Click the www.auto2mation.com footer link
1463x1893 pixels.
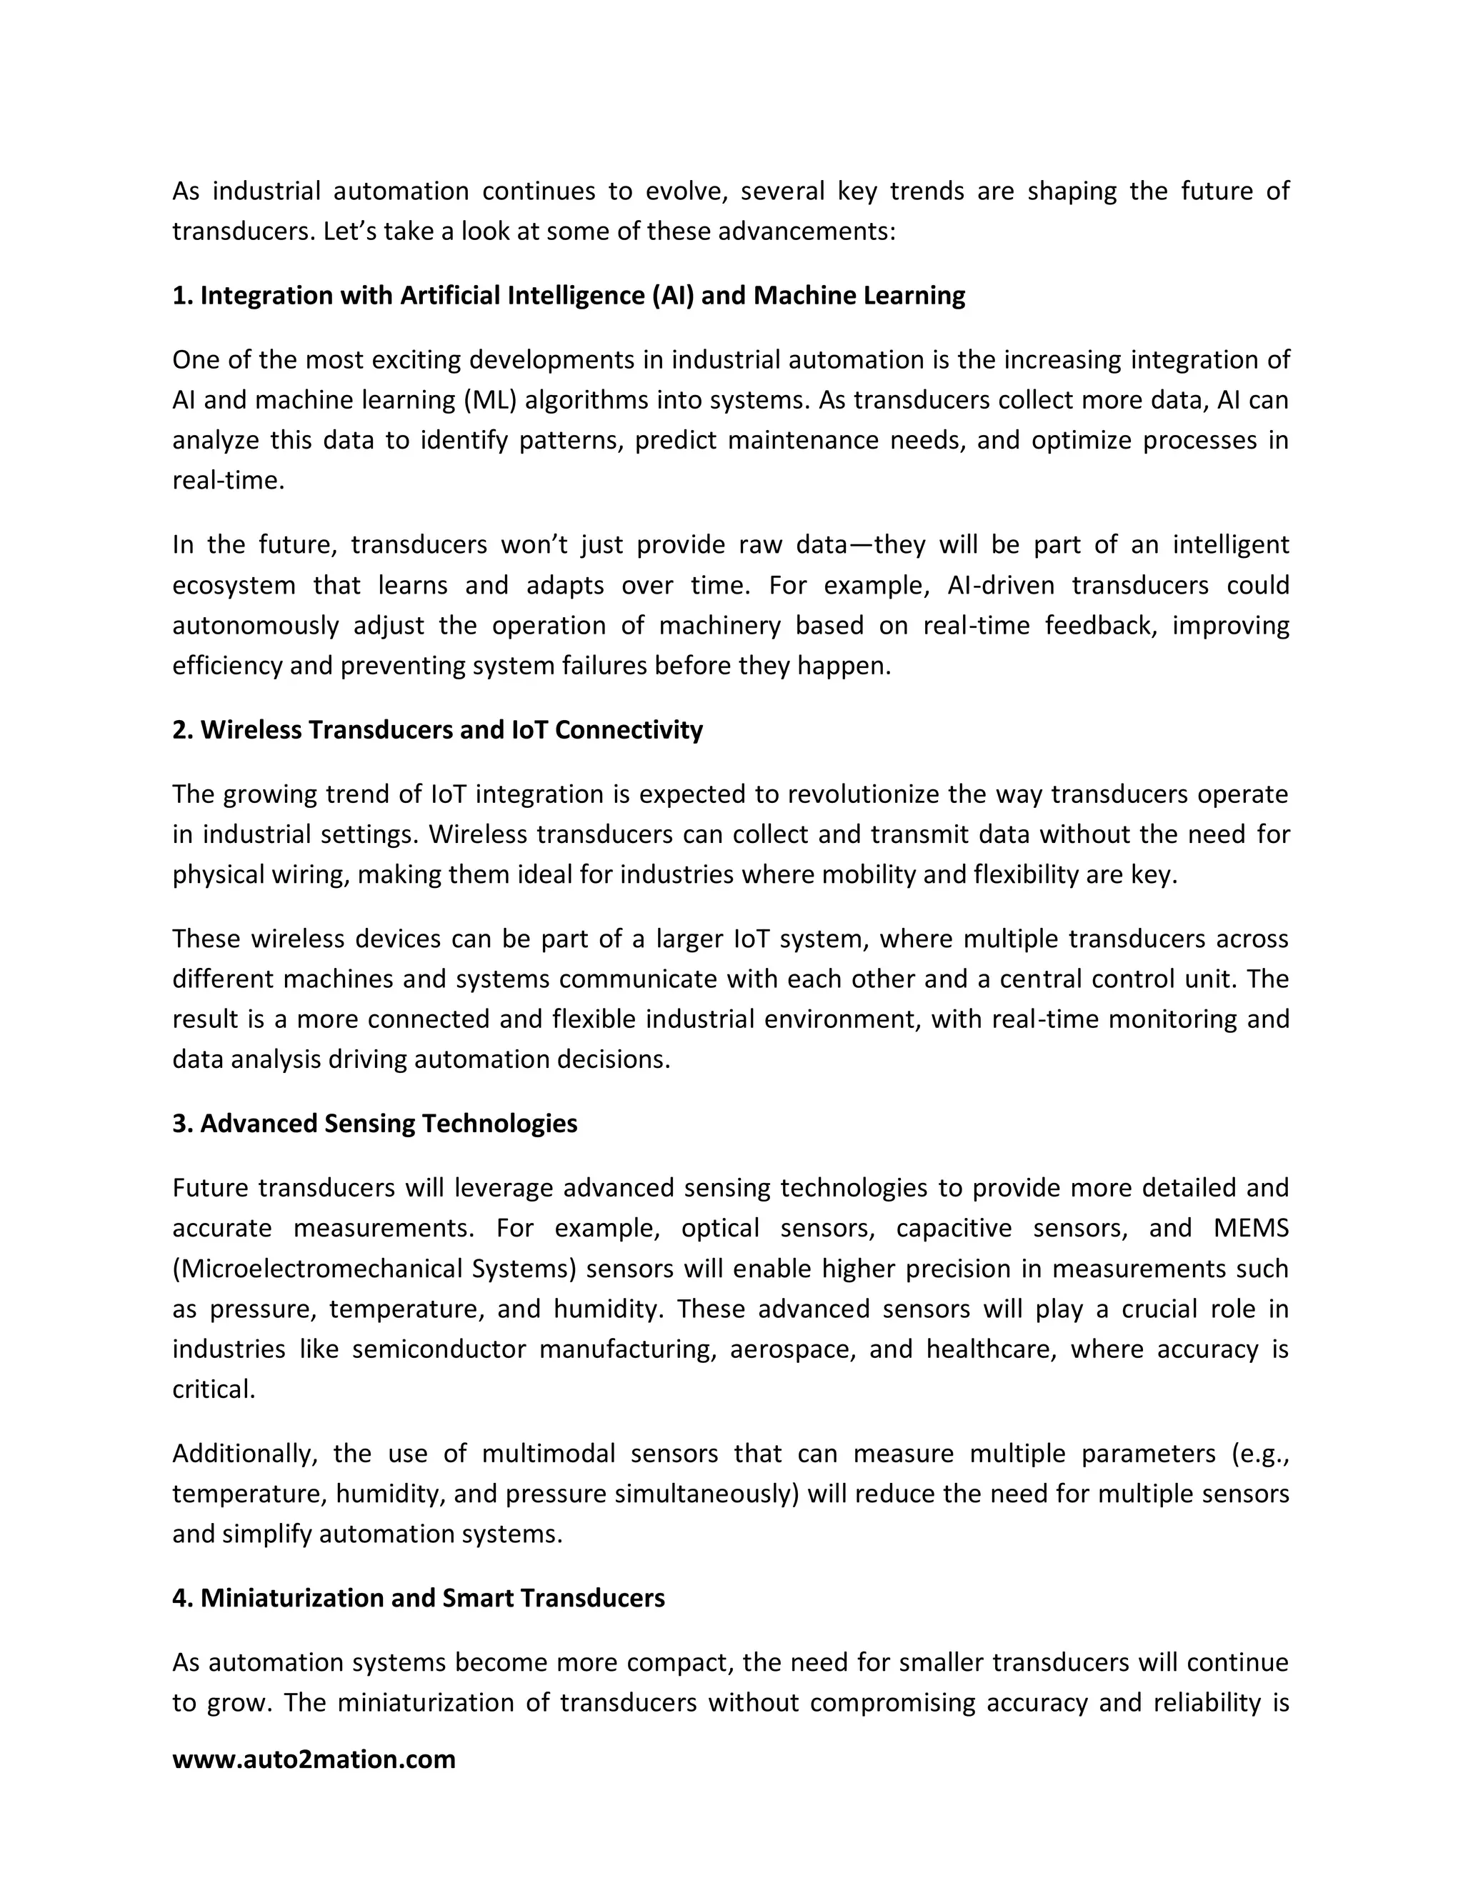pyautogui.click(x=314, y=1759)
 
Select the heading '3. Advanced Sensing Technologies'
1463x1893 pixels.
pyautogui.click(x=374, y=1124)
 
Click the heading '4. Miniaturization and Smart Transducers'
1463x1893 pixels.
pyautogui.click(x=418, y=1597)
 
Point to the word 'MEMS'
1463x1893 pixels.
pyautogui.click(x=1251, y=1228)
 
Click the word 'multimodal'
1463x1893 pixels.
pyautogui.click(x=549, y=1454)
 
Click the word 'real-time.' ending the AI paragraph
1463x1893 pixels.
pyautogui.click(x=228, y=480)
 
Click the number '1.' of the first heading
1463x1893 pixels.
pyautogui.click(x=183, y=296)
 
